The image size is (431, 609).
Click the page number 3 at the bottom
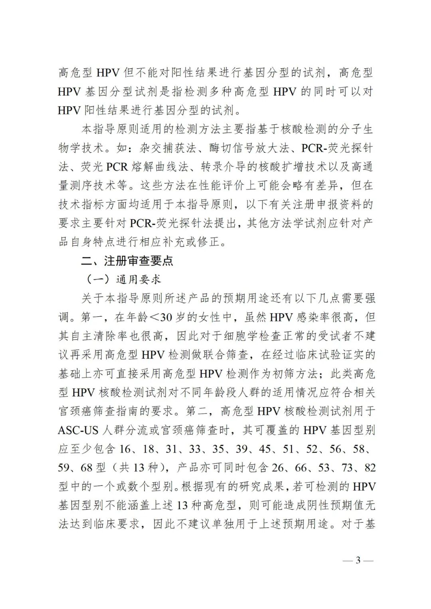coord(358,560)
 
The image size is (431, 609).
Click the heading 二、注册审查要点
coord(127,261)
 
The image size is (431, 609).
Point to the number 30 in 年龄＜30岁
coord(167,317)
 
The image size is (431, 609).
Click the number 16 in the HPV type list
coord(125,449)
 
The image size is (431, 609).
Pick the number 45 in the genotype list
coord(265,449)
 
